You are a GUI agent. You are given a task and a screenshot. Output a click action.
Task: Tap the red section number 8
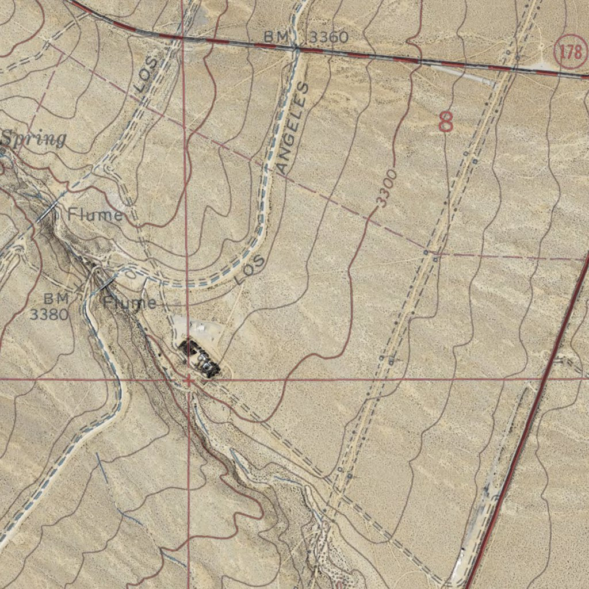pyautogui.click(x=446, y=122)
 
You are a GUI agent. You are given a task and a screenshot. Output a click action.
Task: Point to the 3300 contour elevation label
pyautogui.click(x=387, y=188)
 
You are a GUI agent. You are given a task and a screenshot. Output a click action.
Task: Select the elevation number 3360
pyautogui.click(x=328, y=38)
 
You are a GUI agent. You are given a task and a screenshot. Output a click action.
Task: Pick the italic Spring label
pyautogui.click(x=33, y=139)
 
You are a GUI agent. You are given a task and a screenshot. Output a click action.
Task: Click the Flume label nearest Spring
pyautogui.click(x=95, y=215)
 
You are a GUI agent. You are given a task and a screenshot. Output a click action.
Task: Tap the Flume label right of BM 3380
pyautogui.click(x=130, y=303)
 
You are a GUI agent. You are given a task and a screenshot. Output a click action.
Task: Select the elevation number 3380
pyautogui.click(x=49, y=314)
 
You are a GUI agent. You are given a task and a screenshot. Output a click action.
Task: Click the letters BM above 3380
pyautogui.click(x=56, y=299)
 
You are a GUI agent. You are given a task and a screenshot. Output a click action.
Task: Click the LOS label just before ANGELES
pyautogui.click(x=250, y=270)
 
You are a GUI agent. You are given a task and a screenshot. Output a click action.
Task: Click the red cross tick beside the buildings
pyautogui.click(x=188, y=379)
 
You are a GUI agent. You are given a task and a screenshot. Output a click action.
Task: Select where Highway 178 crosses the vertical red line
pyautogui.click(x=182, y=38)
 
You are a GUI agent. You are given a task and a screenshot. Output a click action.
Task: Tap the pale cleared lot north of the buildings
pyautogui.click(x=198, y=330)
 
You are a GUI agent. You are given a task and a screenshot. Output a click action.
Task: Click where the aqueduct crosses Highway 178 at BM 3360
pyautogui.click(x=297, y=49)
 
